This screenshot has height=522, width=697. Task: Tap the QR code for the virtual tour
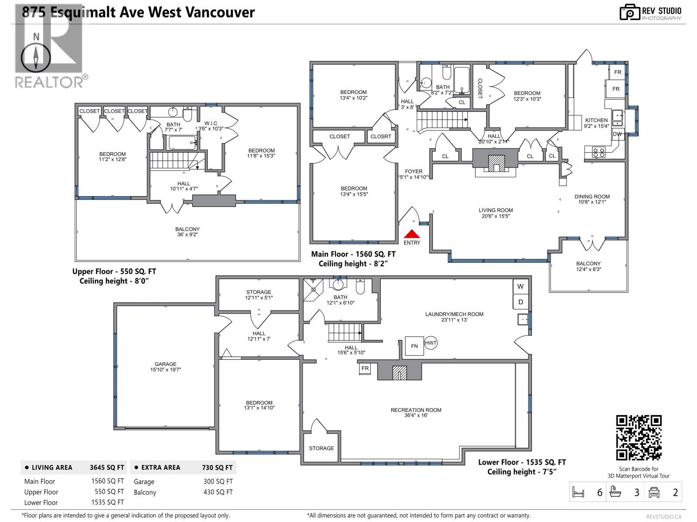tap(639, 438)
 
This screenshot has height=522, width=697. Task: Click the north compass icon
tap(36, 57)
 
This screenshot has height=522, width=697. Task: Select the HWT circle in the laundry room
tap(430, 343)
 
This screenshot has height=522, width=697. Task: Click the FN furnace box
tap(414, 346)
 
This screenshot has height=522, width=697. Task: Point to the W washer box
tap(520, 286)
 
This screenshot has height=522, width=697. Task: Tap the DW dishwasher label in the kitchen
tap(617, 134)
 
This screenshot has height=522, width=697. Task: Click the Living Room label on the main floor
tap(496, 213)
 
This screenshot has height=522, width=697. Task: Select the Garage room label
tap(166, 367)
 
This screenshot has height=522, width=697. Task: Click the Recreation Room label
tap(416, 412)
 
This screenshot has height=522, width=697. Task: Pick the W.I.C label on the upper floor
tap(211, 126)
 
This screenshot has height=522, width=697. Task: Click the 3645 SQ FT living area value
tap(107, 468)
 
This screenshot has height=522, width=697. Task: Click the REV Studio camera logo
tap(629, 12)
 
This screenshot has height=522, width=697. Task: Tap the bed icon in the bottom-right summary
tap(578, 492)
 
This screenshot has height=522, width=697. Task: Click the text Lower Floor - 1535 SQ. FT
tap(522, 462)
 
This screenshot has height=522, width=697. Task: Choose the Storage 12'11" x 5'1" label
tap(259, 295)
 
